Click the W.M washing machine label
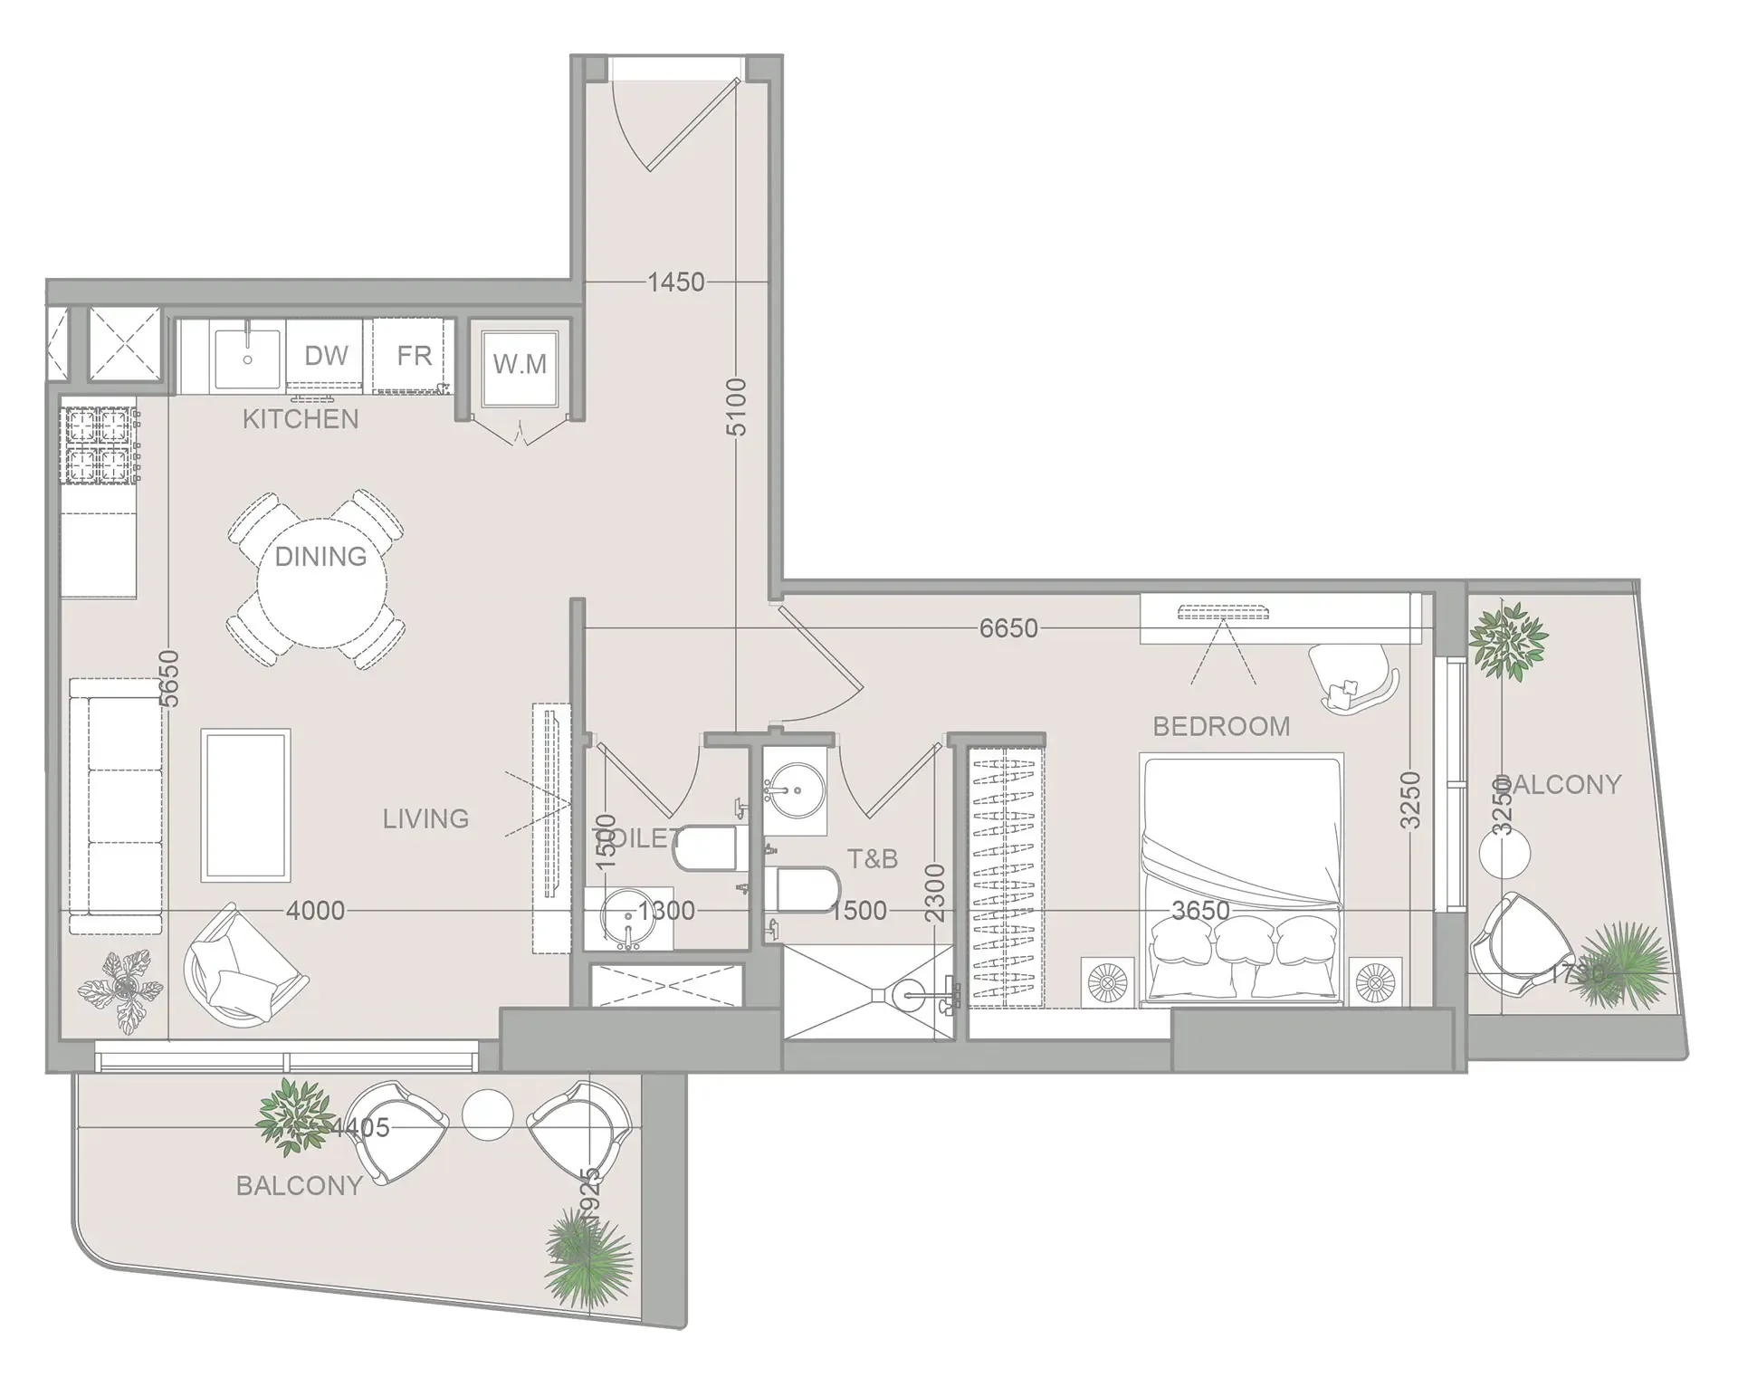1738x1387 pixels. (x=520, y=364)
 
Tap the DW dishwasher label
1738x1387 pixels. (x=326, y=356)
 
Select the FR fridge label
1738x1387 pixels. (x=414, y=356)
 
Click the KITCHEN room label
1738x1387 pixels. (x=301, y=419)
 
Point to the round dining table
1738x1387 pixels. (x=321, y=580)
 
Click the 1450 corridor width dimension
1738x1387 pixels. (x=675, y=282)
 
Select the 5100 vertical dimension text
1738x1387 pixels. (x=737, y=407)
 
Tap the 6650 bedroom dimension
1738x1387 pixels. (x=1008, y=628)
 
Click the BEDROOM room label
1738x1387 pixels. (x=1221, y=726)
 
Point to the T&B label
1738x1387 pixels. (x=872, y=859)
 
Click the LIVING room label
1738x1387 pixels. (x=425, y=819)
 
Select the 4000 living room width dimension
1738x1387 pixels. (x=315, y=911)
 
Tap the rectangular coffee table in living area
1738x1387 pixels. (x=246, y=805)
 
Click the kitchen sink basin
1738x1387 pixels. (x=247, y=359)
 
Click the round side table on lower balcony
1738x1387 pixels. (x=487, y=1114)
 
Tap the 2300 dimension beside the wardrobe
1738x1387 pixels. (x=935, y=893)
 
